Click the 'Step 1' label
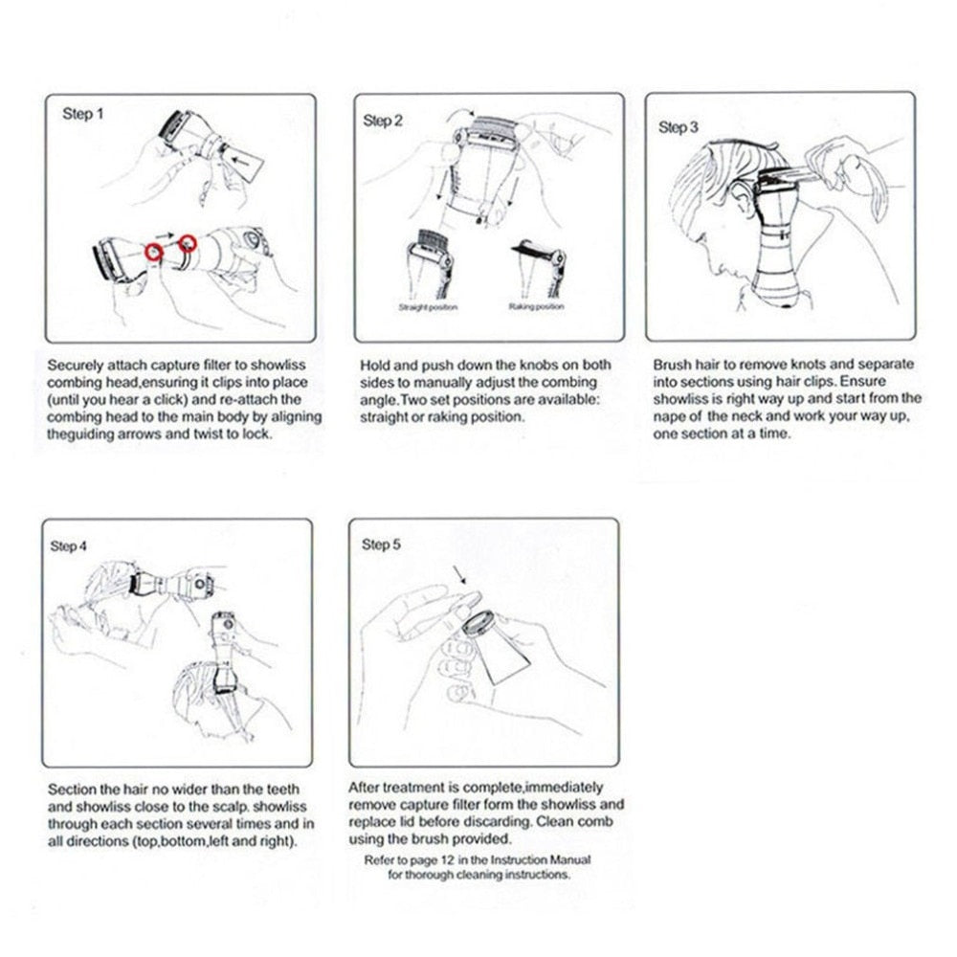[78, 114]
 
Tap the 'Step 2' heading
[383, 121]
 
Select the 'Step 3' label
[679, 126]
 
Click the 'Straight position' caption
[428, 307]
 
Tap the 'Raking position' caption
[536, 307]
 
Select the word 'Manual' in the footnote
[553, 859]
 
